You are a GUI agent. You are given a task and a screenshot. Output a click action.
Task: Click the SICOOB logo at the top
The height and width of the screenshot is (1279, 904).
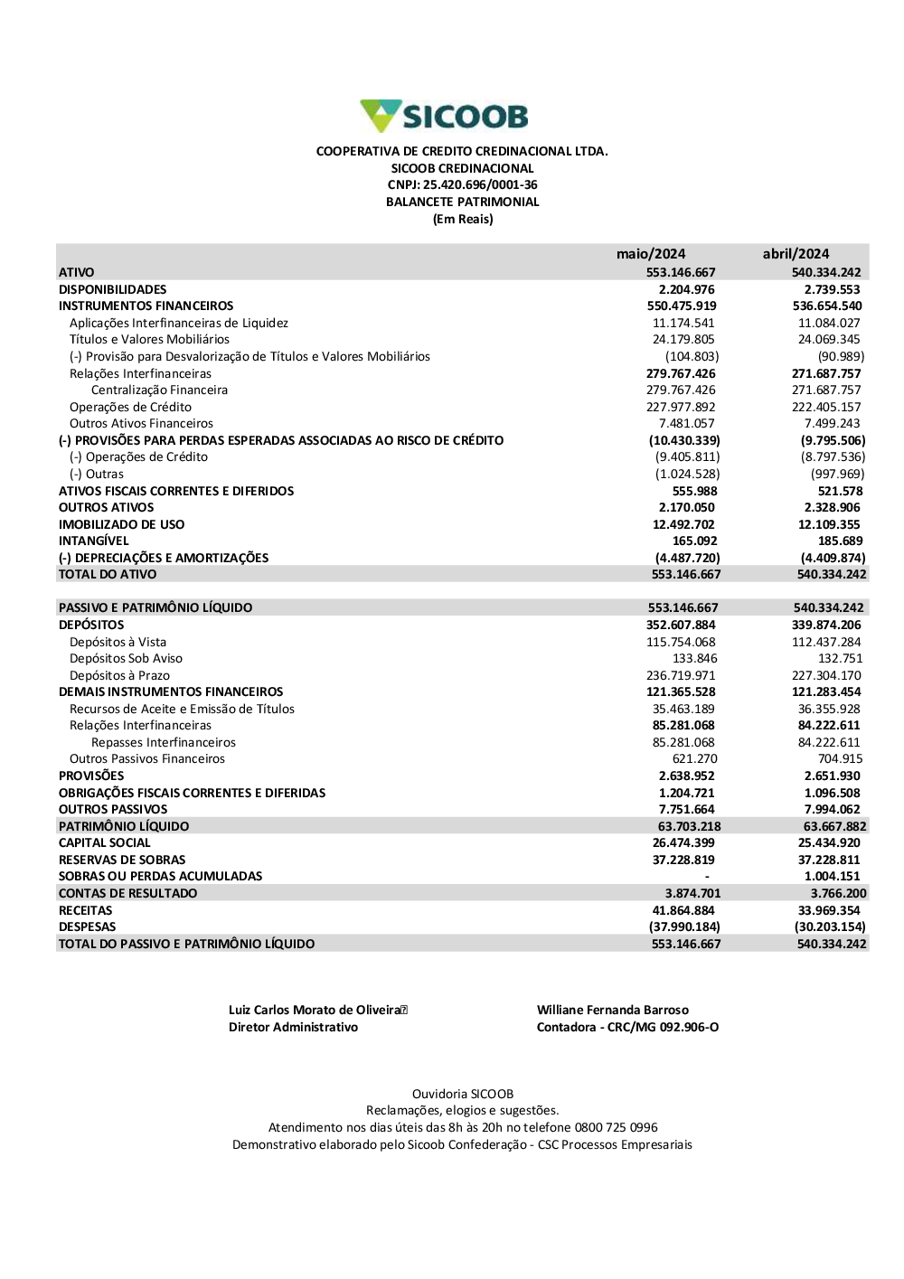[x=444, y=117]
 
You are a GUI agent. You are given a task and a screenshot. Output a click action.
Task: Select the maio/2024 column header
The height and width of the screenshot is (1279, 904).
[x=651, y=254]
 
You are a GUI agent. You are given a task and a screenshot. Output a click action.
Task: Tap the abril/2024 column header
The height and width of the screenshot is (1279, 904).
[x=796, y=254]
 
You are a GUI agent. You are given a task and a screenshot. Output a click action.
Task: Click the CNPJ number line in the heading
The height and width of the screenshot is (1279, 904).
[x=462, y=185]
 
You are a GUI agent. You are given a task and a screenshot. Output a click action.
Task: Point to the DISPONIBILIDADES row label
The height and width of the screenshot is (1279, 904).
[x=113, y=289]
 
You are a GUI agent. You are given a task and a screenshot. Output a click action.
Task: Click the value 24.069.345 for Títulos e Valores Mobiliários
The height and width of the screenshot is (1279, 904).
[x=829, y=340]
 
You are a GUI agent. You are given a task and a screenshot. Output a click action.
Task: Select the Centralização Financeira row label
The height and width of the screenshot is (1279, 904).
[x=159, y=390]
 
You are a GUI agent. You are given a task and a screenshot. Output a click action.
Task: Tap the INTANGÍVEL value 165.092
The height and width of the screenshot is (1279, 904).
[x=694, y=541]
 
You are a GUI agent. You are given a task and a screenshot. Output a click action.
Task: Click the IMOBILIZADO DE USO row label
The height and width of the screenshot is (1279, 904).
[x=121, y=524]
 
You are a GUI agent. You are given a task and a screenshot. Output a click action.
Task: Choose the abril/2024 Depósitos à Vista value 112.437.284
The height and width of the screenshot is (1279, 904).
[x=826, y=643]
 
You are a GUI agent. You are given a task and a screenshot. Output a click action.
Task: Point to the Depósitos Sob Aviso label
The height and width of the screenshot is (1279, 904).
[x=126, y=659]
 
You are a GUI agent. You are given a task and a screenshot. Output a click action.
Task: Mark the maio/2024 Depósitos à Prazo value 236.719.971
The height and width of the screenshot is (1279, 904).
[x=681, y=676]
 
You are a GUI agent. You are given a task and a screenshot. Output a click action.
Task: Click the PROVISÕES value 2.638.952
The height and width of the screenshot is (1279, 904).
[x=686, y=776]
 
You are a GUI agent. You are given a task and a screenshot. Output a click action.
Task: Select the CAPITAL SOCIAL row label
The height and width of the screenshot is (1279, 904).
[x=105, y=843]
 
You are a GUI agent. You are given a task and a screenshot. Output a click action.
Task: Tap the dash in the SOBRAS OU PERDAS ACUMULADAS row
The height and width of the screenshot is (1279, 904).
[x=707, y=877]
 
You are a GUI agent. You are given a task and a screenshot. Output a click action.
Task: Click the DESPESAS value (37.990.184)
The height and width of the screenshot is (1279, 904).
[x=684, y=927]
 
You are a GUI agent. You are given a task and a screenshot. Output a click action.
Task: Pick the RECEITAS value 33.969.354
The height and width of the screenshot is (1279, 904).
[x=829, y=911]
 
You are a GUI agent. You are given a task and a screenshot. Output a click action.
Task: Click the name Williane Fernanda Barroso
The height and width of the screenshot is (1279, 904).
[x=612, y=1011]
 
